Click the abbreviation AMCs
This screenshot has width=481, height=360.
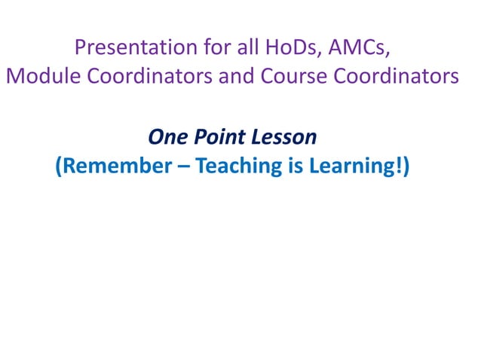coord(359,47)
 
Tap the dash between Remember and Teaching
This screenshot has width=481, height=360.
coord(183,166)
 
